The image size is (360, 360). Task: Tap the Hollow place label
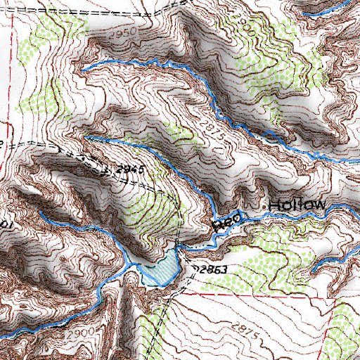point(295,205)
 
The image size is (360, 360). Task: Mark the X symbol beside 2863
point(195,268)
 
